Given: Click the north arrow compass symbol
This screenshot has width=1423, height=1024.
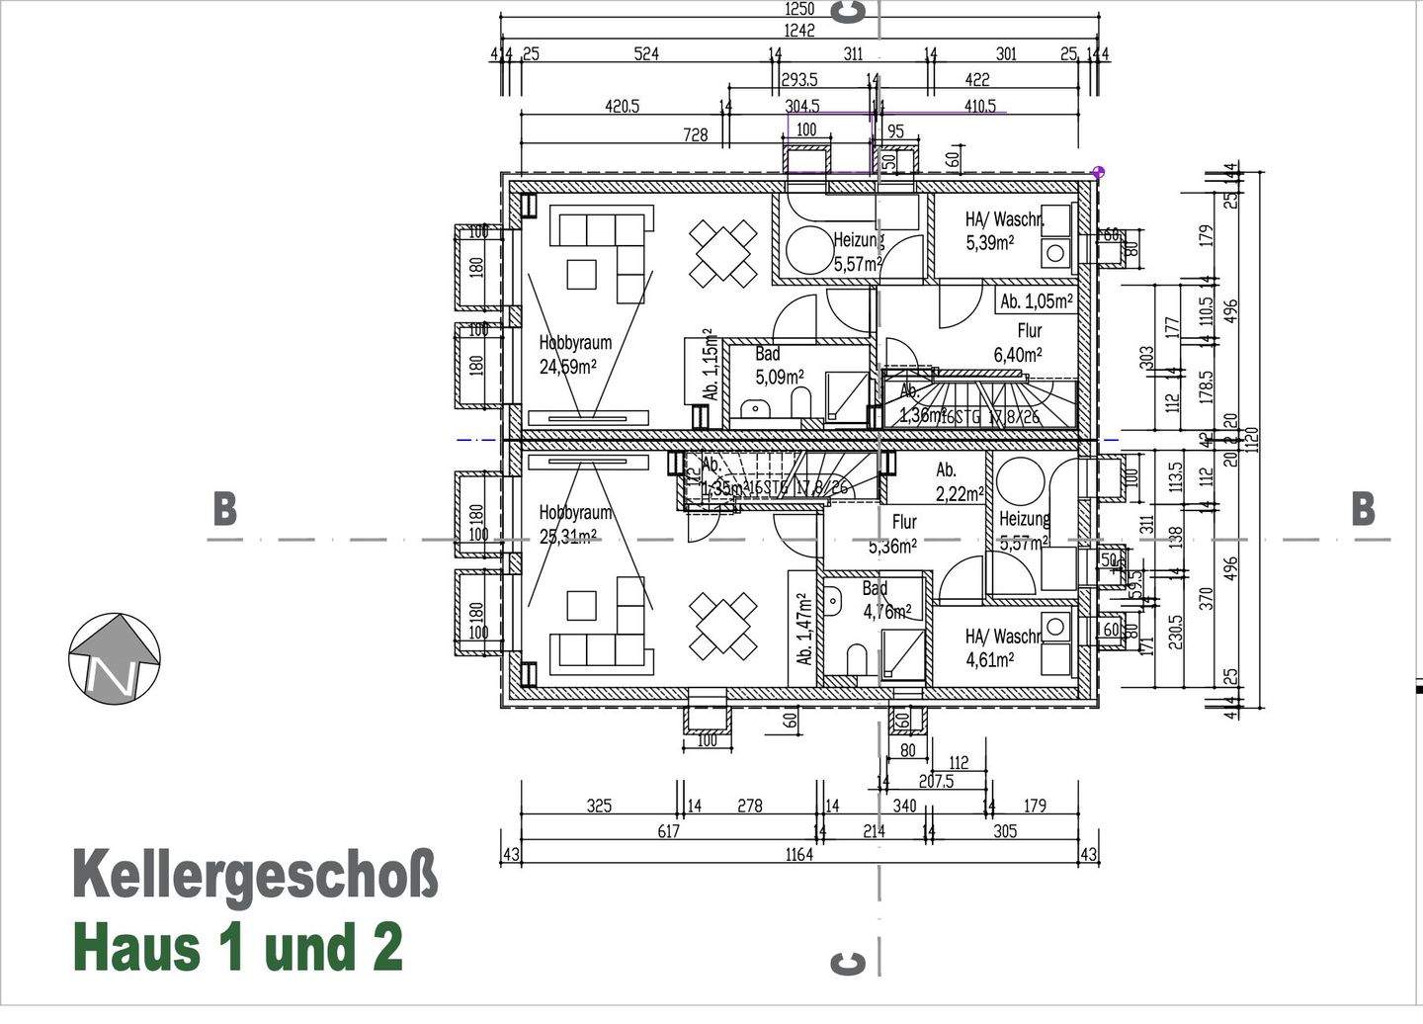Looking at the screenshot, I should pyautogui.click(x=115, y=658).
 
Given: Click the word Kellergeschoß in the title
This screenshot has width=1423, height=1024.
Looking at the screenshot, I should pyautogui.click(x=255, y=876).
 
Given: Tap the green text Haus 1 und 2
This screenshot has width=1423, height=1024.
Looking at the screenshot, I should pyautogui.click(x=238, y=947).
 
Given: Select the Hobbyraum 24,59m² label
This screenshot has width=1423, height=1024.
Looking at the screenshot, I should pyautogui.click(x=575, y=355).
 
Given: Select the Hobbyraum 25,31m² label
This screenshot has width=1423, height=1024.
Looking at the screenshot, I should pyautogui.click(x=575, y=524).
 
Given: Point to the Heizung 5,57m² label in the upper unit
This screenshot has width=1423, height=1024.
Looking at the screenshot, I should pyautogui.click(x=857, y=252).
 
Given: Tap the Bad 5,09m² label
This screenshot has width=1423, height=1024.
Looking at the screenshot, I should pyautogui.click(x=779, y=365).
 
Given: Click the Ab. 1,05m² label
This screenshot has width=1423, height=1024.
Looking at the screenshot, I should pyautogui.click(x=1036, y=301).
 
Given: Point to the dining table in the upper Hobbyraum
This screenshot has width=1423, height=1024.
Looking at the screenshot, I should pyautogui.click(x=723, y=254).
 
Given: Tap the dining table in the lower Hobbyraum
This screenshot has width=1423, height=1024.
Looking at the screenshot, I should pyautogui.click(x=723, y=627).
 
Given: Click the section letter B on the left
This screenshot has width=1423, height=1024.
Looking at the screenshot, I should pyautogui.click(x=225, y=509).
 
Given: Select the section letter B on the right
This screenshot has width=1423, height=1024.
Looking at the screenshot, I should pyautogui.click(x=1363, y=509).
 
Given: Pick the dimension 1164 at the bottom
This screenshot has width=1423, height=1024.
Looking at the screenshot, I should pyautogui.click(x=798, y=854).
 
